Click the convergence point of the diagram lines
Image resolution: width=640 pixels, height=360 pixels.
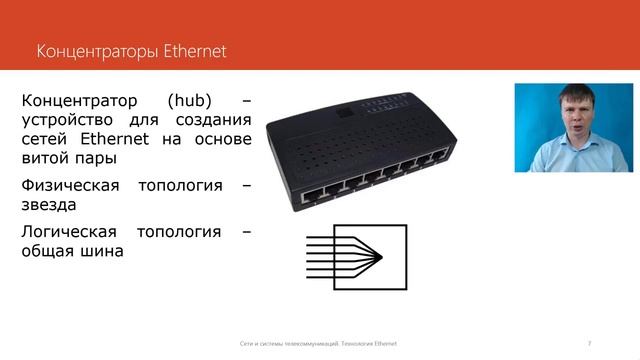383,257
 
